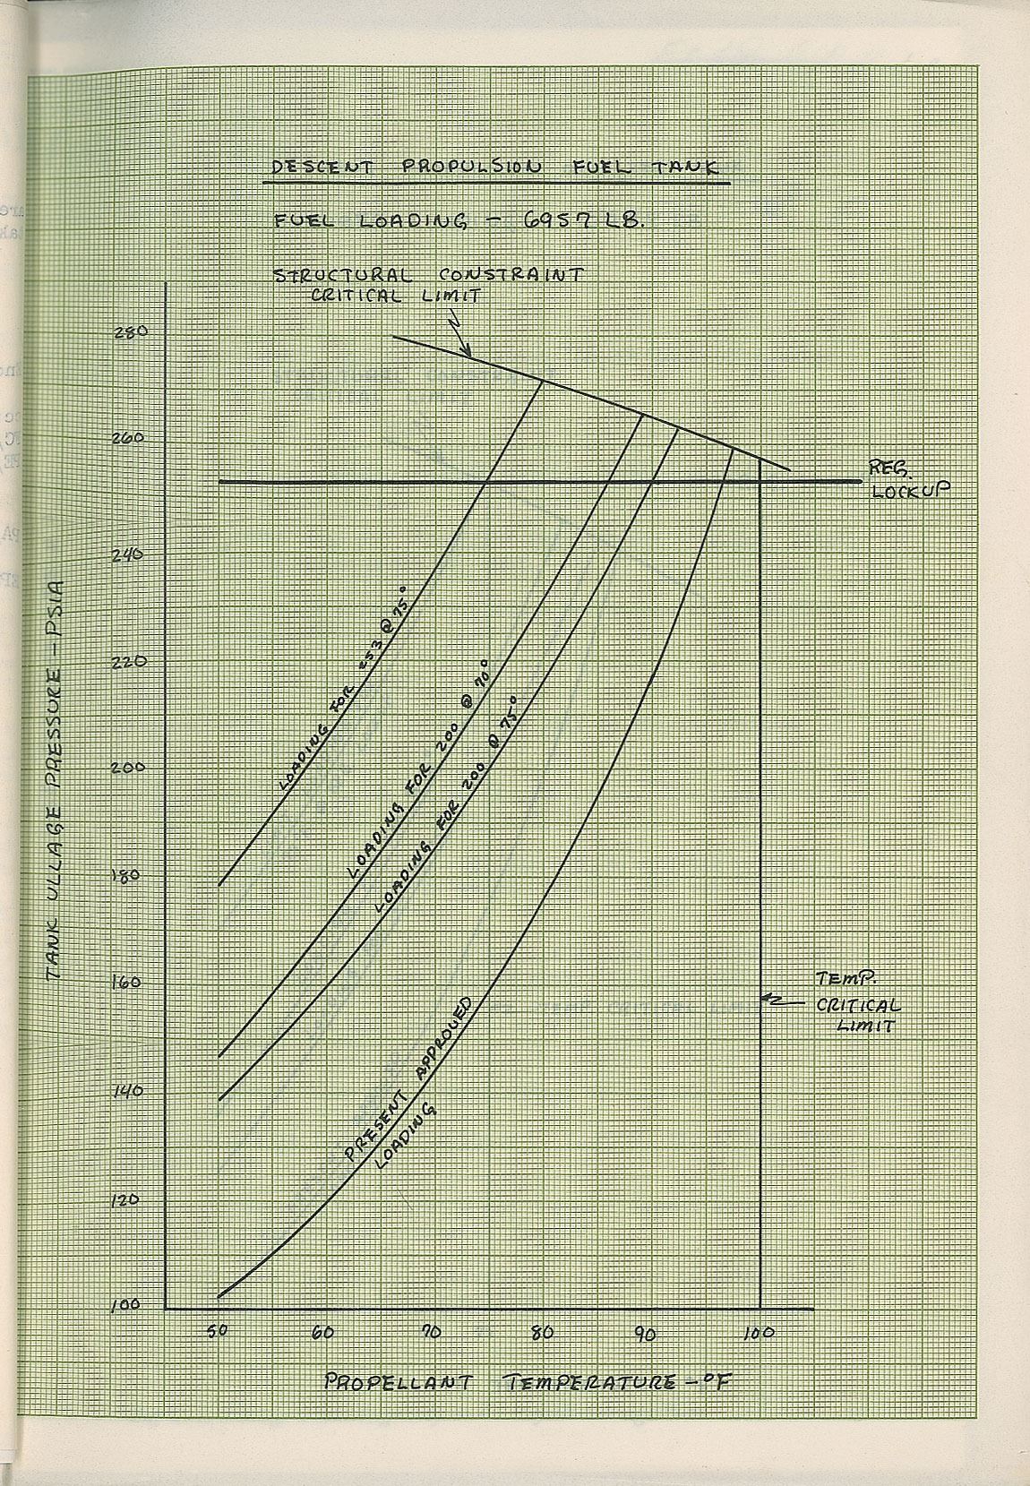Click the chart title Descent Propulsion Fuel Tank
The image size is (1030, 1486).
pos(497,168)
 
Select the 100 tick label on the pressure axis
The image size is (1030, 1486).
pos(125,1305)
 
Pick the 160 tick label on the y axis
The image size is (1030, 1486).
pos(125,983)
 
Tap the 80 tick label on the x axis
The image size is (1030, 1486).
pos(541,1332)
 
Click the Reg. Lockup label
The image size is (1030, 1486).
pos(906,479)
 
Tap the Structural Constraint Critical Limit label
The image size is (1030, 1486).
pos(428,284)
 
